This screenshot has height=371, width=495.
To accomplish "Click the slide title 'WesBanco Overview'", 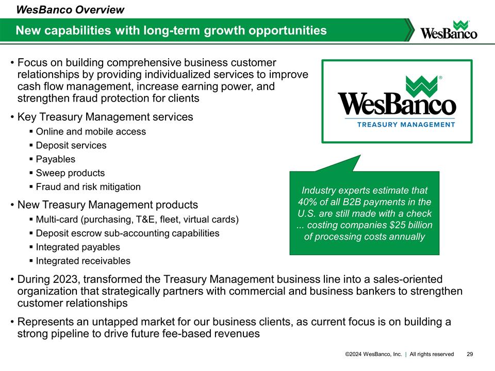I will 70,9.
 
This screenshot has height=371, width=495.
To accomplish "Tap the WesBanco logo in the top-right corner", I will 449,30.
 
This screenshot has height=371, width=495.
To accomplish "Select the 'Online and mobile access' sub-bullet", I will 91,131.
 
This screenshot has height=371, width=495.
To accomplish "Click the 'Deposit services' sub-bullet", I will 71,145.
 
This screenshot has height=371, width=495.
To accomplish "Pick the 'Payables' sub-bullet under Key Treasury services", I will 55,159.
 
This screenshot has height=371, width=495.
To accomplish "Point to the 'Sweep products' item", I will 70,173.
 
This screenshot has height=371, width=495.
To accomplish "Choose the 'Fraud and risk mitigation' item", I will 88,187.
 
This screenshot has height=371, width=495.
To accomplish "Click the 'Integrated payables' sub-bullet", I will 78,247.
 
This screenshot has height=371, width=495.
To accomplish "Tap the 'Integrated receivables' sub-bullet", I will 83,261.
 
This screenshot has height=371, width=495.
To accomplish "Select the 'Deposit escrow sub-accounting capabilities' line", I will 127,233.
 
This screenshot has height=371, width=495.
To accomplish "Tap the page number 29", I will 470,354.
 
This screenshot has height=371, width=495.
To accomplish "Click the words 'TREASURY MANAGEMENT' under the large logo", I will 397,124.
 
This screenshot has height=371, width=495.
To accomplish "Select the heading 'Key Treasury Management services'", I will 105,117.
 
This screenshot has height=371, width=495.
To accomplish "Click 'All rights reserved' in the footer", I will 432,354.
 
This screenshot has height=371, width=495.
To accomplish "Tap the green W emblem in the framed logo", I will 421,85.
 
